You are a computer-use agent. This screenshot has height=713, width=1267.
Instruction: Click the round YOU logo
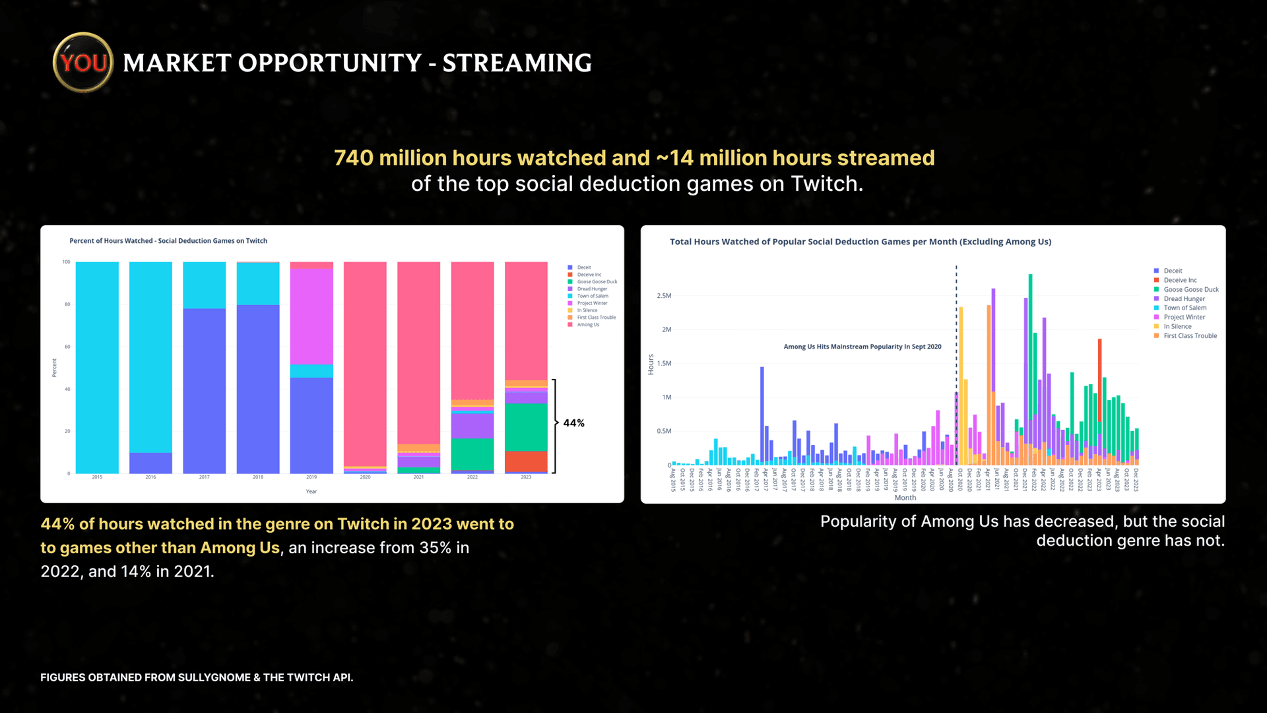click(x=83, y=63)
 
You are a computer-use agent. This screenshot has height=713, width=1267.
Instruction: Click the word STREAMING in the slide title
click(x=517, y=63)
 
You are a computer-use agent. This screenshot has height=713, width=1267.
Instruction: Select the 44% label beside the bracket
click(x=573, y=423)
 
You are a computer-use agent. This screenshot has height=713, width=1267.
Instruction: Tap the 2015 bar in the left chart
click(x=97, y=367)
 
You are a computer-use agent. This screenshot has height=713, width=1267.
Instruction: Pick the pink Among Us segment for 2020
click(x=365, y=363)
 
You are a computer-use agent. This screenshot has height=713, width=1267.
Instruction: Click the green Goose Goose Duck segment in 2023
click(x=526, y=427)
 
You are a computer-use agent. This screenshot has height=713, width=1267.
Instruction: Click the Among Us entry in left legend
click(x=587, y=325)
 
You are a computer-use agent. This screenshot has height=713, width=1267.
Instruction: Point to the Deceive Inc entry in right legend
click(x=1180, y=280)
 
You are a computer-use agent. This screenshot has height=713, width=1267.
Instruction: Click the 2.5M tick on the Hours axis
click(x=663, y=296)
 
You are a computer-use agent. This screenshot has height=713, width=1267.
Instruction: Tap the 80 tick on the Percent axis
click(x=67, y=304)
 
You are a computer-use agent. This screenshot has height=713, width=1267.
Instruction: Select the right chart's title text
click(x=860, y=242)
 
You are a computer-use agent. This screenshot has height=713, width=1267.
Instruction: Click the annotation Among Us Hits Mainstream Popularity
click(x=862, y=347)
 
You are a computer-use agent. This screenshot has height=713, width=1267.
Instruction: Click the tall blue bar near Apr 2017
click(x=762, y=416)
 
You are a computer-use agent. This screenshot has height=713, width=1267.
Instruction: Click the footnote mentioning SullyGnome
click(x=197, y=677)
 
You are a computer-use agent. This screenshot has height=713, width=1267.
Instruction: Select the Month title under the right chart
click(x=905, y=498)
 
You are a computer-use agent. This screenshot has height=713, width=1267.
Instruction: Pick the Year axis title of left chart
click(x=311, y=492)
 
